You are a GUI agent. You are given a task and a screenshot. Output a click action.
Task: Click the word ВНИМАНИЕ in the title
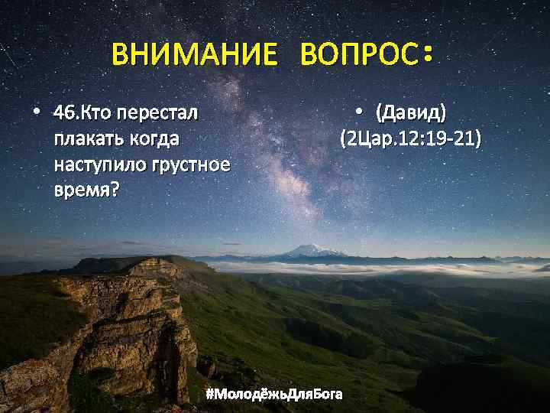pos(195,55)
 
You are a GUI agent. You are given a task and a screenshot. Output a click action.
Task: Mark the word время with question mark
pos(86,188)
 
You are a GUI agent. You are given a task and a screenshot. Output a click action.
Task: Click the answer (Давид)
pos(409,115)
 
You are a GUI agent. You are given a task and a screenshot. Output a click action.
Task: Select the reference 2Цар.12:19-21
pos(410,139)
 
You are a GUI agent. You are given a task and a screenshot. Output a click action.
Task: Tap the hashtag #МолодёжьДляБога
pos(274,394)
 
